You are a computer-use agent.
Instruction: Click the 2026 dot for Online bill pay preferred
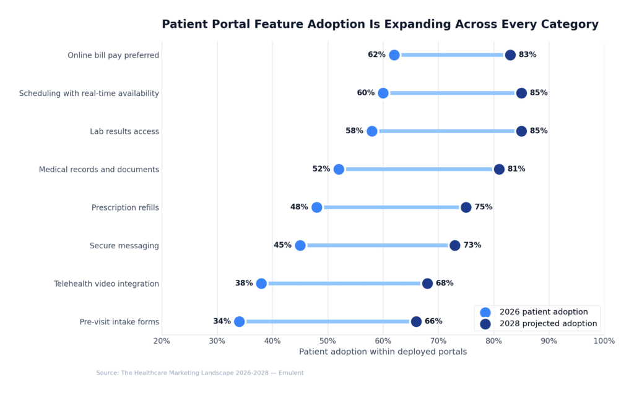click(x=394, y=55)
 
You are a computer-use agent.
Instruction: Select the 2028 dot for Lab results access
click(x=521, y=131)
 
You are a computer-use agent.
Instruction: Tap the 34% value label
click(x=222, y=321)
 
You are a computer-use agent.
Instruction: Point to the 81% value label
click(x=516, y=169)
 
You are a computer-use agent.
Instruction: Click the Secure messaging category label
click(x=124, y=246)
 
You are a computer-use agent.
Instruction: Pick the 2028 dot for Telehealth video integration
click(x=427, y=284)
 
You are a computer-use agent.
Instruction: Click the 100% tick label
click(x=604, y=341)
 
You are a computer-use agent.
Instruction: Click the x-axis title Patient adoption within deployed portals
click(x=383, y=352)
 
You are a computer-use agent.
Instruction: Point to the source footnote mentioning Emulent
click(x=199, y=373)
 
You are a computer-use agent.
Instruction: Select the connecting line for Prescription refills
click(x=391, y=207)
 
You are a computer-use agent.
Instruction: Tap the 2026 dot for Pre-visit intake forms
click(x=239, y=321)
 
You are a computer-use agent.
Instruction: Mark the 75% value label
click(x=484, y=207)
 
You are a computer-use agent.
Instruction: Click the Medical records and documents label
click(x=98, y=170)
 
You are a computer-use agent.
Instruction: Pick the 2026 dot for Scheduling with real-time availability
click(x=383, y=93)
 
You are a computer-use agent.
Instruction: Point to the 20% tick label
click(x=162, y=341)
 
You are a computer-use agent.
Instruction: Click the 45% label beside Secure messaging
click(x=282, y=245)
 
